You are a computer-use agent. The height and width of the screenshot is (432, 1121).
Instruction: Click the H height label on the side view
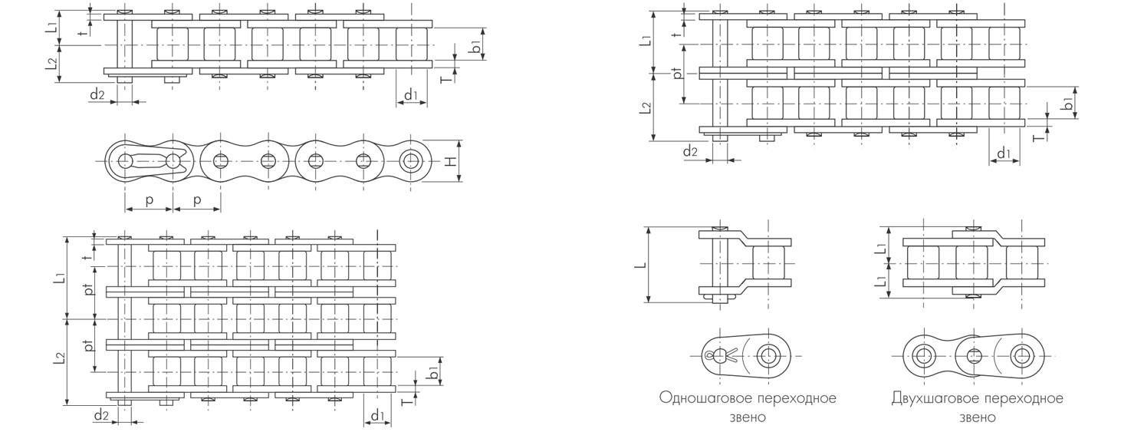click(x=451, y=161)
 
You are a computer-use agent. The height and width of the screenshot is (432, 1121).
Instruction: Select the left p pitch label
click(x=149, y=200)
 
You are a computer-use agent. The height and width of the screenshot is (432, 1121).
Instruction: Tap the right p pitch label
click(x=197, y=200)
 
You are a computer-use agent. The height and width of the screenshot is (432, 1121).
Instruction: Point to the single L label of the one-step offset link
click(x=643, y=265)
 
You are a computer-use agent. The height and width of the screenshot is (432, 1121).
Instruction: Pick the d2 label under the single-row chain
click(x=97, y=94)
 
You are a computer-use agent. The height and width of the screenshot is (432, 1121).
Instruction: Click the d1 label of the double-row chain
click(x=1004, y=153)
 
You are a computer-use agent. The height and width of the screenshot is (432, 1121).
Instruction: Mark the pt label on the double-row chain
click(x=678, y=74)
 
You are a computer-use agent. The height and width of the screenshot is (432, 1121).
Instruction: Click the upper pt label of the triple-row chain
click(x=89, y=290)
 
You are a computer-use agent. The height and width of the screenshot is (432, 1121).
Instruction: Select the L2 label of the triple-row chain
click(x=60, y=358)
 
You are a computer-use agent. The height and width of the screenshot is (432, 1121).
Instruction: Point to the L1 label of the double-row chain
click(x=645, y=41)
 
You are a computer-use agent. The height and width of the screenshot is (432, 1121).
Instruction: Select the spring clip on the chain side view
click(x=150, y=161)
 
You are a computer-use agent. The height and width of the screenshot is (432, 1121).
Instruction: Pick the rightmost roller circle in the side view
click(x=412, y=161)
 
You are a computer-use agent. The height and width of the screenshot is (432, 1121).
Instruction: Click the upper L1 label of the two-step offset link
click(x=883, y=246)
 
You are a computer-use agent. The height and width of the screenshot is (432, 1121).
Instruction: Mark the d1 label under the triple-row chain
click(x=377, y=415)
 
